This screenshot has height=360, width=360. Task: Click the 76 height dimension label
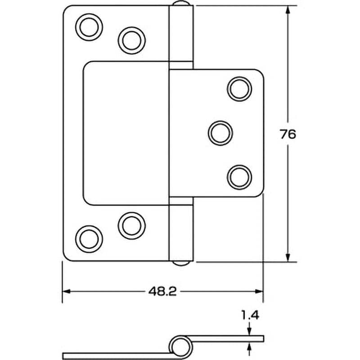tap(288, 134)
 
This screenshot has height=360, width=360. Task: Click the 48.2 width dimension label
tap(162, 292)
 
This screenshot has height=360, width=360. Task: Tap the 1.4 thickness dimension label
tap(250, 315)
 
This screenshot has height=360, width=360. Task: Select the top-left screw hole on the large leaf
tap(89, 27)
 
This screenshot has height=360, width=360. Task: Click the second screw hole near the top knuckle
tap(131, 40)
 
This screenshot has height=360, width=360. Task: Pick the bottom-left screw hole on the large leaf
tap(89, 239)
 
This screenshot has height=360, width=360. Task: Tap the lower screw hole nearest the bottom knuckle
tap(131, 226)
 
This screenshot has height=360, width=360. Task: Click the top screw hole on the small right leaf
tap(239, 89)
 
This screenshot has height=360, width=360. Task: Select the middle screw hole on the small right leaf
tap(220, 133)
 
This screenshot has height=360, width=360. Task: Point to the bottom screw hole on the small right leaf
tap(239, 177)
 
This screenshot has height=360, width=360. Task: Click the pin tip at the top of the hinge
tap(181, 3)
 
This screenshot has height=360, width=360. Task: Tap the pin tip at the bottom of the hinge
tap(181, 263)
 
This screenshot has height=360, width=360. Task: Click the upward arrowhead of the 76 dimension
tap(288, 10)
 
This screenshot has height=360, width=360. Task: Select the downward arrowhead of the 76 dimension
tap(288, 257)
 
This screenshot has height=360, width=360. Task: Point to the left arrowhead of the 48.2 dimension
tap(66, 292)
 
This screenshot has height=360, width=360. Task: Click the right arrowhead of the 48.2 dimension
tap(259, 292)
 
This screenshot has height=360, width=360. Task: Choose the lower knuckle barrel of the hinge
tap(181, 229)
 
